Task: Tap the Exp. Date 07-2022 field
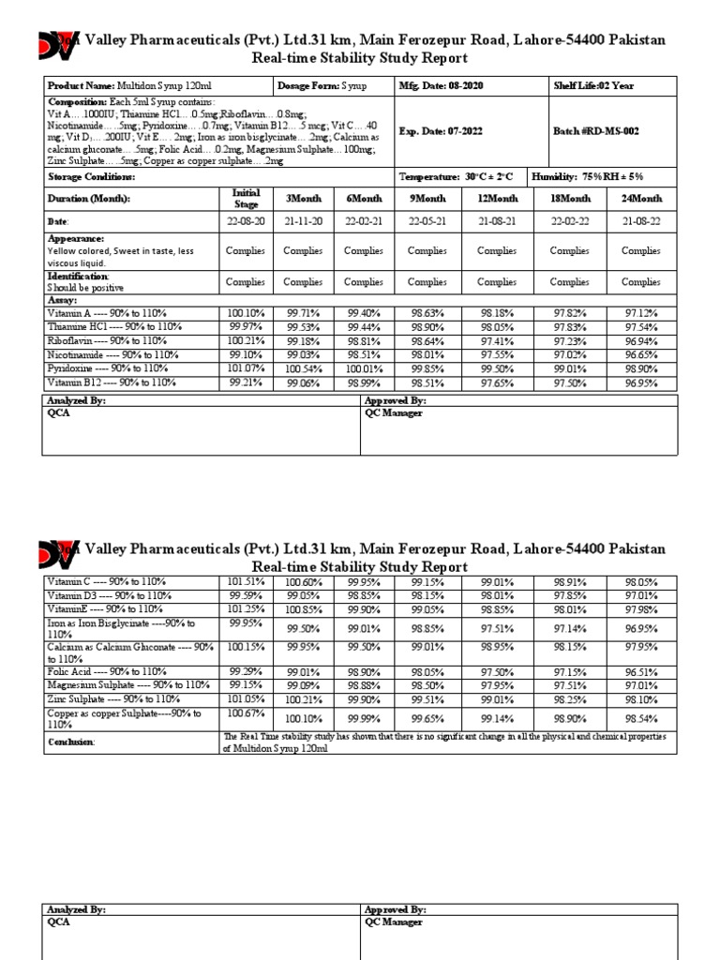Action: (441, 132)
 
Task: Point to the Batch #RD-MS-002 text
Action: (596, 132)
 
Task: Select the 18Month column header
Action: (569, 199)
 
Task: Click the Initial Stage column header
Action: (246, 199)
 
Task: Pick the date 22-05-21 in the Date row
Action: (427, 222)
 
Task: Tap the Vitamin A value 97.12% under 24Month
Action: (641, 312)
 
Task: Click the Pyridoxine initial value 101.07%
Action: (246, 368)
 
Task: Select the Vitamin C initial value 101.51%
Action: (246, 581)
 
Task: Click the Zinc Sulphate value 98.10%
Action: (641, 698)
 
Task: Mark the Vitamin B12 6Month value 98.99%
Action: (363, 382)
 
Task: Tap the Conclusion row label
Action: (71, 742)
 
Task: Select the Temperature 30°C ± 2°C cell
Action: (456, 177)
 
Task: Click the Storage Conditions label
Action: (91, 177)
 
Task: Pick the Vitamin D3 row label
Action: (109, 595)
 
